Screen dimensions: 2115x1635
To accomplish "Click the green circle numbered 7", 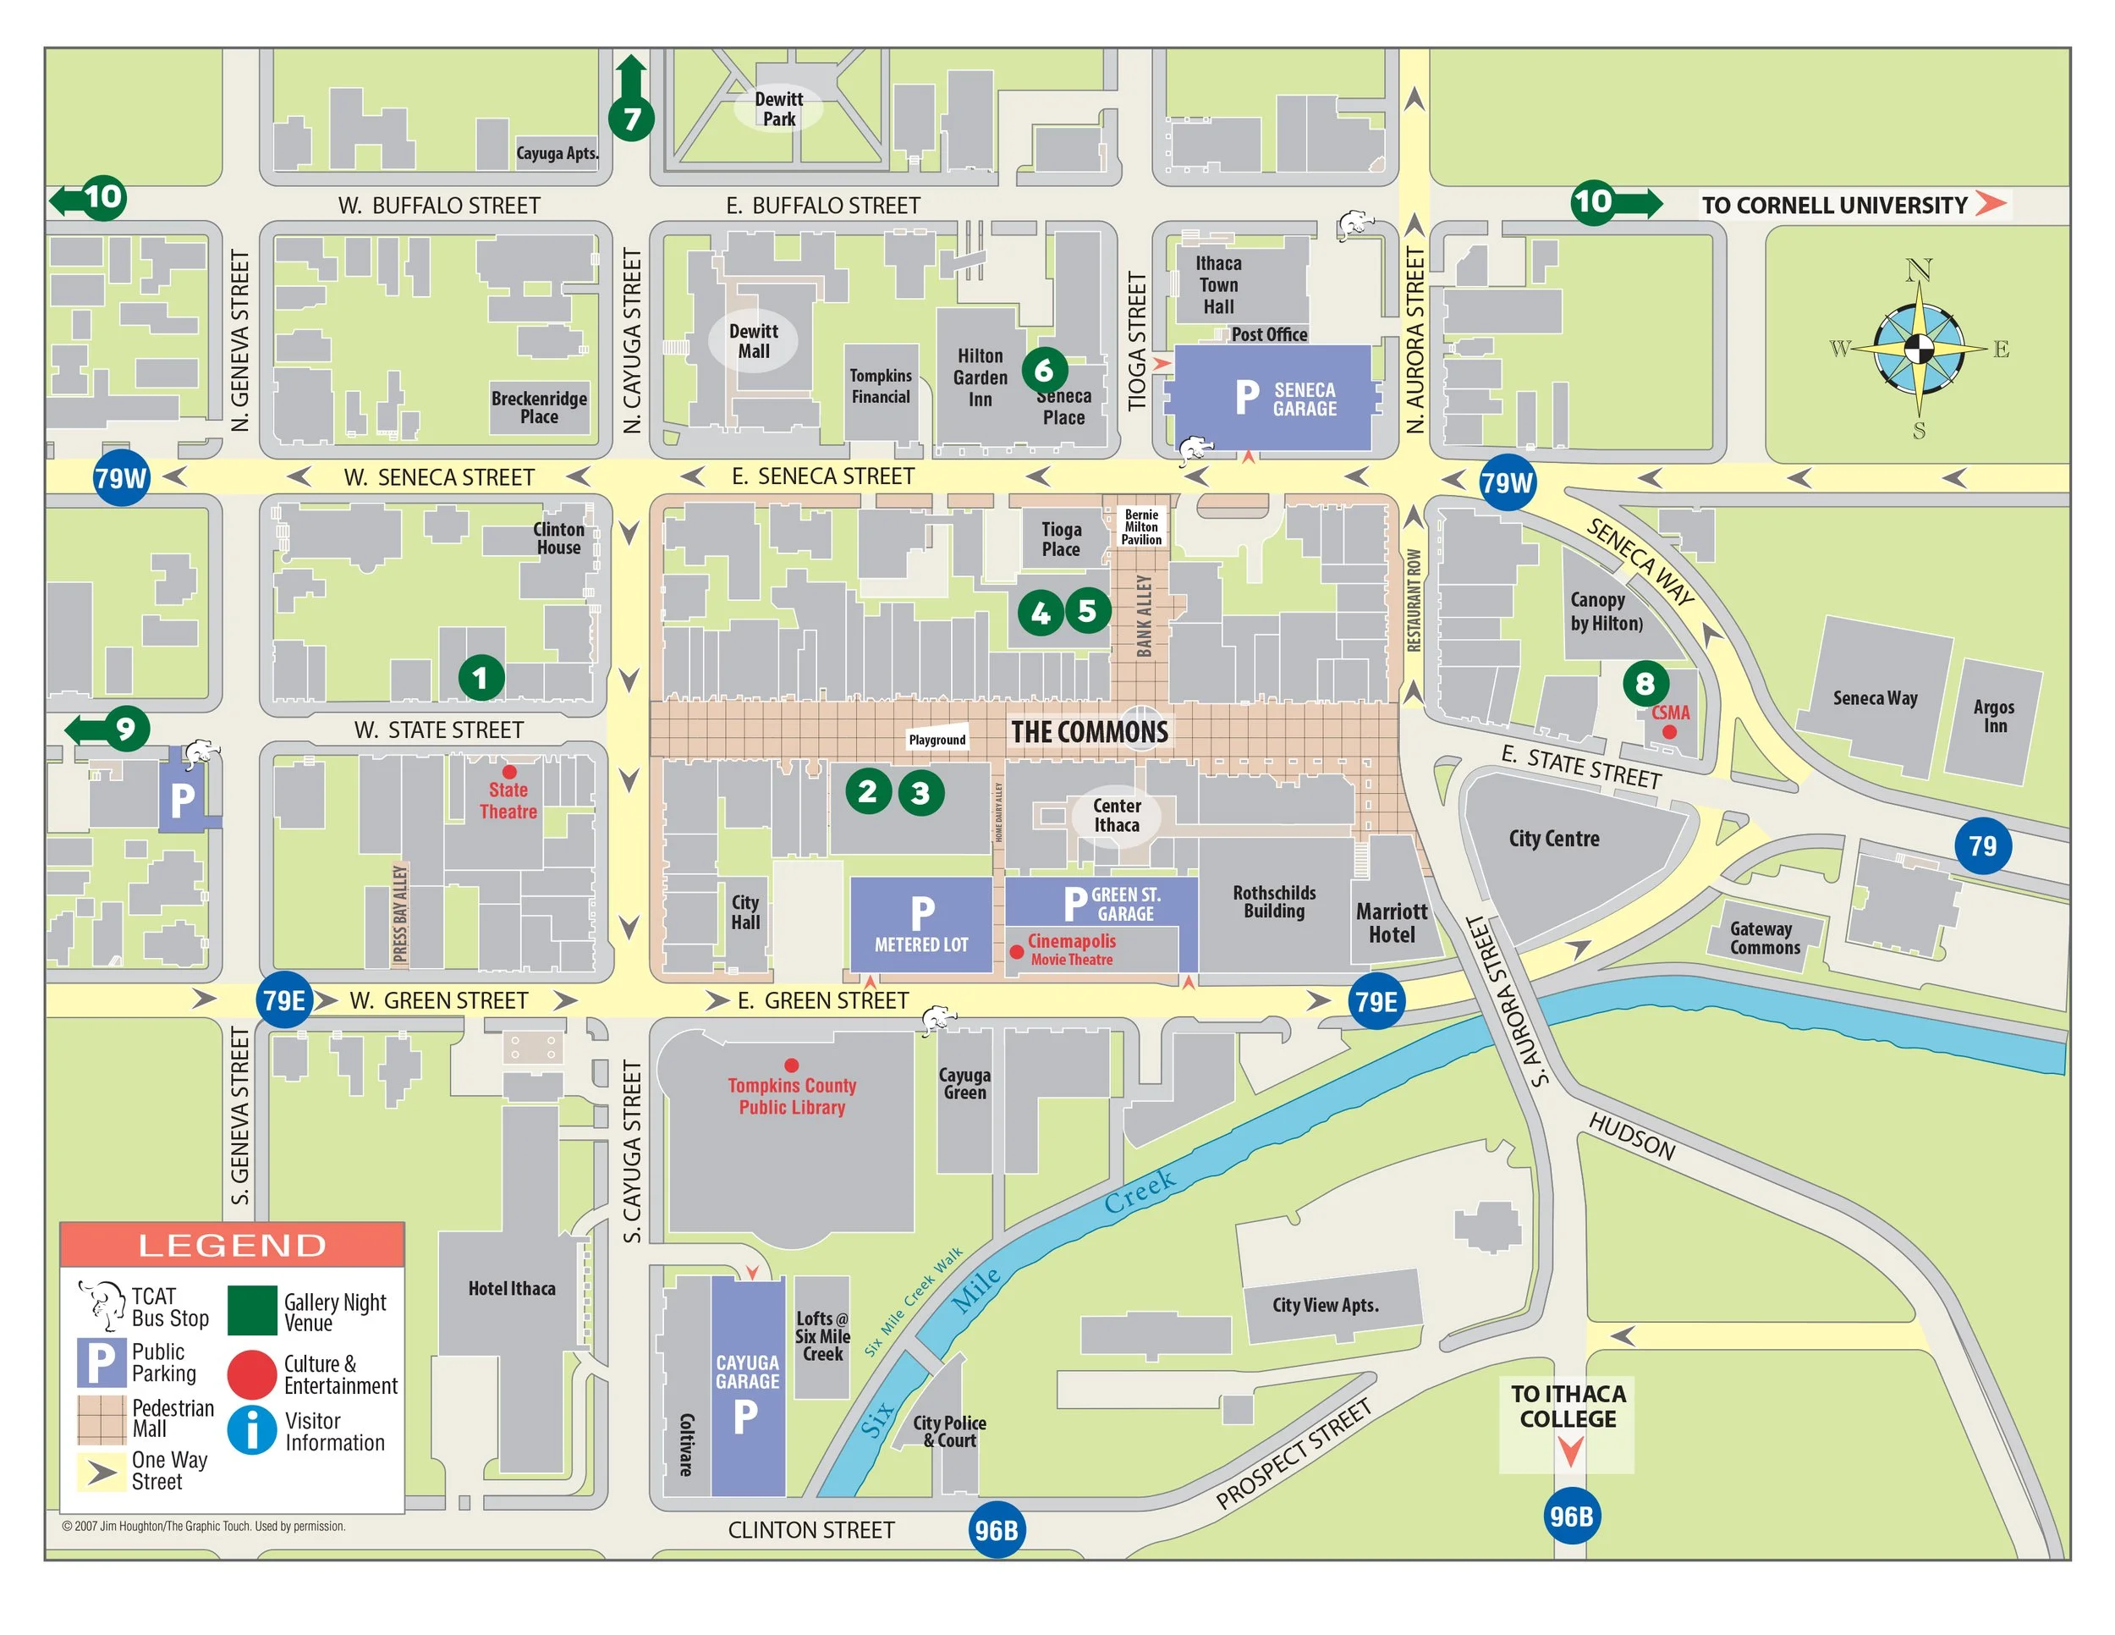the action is (x=631, y=118).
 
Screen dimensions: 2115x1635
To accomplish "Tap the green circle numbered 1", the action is (x=481, y=678).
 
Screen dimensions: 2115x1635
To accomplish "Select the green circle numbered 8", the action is (x=1645, y=684).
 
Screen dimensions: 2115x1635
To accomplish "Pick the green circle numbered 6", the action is (x=1044, y=369).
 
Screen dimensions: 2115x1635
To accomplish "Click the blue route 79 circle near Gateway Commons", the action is (x=1981, y=845).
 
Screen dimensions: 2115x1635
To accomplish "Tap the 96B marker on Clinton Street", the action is (x=997, y=1529).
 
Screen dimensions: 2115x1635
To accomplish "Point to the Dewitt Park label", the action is (x=778, y=108).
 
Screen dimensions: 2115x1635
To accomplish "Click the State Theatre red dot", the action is (x=508, y=772).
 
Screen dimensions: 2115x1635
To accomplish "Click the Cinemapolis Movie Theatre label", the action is (x=1072, y=950).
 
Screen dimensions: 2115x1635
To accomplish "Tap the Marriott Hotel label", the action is (x=1392, y=923).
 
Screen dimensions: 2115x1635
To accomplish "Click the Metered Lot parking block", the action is (x=921, y=924).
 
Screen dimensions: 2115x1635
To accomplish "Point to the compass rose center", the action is (x=1919, y=349).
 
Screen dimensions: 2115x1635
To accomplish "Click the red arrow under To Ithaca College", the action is (x=1570, y=1450).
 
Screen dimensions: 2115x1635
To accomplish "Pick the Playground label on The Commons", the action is (x=937, y=740).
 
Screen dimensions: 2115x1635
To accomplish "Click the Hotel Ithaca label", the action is (x=511, y=1288).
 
